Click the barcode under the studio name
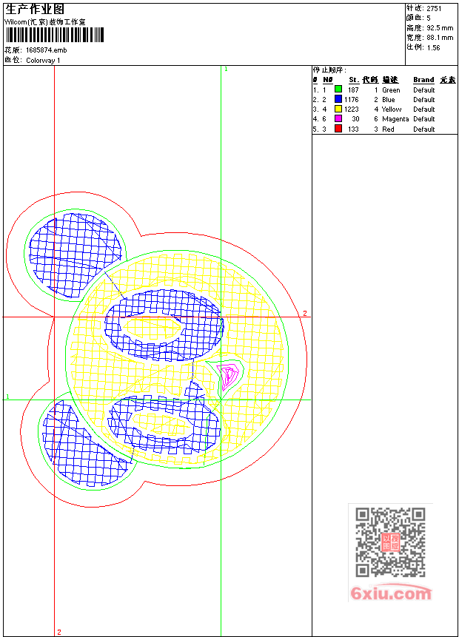pos(55,35)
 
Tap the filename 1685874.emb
pos(46,50)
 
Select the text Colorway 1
pos(43,61)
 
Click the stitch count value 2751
pos(434,9)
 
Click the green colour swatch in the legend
pos(338,89)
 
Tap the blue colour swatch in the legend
pos(338,98)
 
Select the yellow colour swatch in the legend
pos(338,109)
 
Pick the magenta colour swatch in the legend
pos(338,118)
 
